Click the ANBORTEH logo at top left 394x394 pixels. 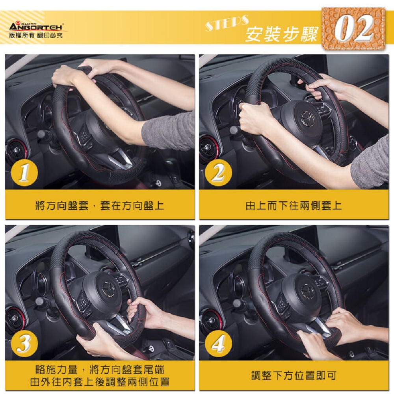(36, 26)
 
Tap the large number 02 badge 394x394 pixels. (353, 28)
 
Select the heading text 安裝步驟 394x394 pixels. (282, 34)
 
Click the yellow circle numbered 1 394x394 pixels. (24, 173)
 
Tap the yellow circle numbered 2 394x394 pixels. (218, 173)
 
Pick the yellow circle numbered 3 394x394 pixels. (24, 343)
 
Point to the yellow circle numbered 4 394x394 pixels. (218, 343)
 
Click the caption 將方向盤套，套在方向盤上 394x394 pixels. (100, 206)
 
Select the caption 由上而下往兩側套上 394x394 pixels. (294, 206)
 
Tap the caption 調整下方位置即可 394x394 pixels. (294, 375)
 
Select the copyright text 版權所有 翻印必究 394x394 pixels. (36, 35)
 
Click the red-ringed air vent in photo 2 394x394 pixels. (208, 148)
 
